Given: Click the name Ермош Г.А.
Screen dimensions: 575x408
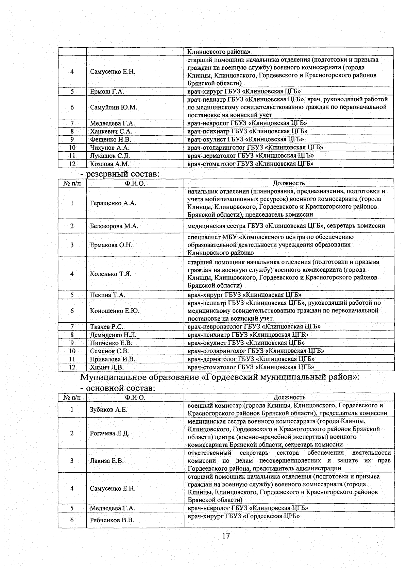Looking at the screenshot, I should [x=107, y=91].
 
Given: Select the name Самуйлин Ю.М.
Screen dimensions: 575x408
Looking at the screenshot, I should [x=114, y=107].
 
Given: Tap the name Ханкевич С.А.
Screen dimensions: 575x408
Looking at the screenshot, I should [x=111, y=131].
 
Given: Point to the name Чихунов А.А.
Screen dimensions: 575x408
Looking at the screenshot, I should [x=110, y=148].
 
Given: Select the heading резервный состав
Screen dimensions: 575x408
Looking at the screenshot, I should [x=122, y=174].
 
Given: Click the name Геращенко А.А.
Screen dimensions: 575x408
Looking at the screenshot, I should [x=113, y=203].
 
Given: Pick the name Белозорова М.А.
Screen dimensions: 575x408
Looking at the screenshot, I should [x=114, y=226].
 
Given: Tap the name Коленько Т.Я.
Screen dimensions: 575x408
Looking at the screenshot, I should [x=111, y=274].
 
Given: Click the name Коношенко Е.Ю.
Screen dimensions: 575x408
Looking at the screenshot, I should [x=115, y=311].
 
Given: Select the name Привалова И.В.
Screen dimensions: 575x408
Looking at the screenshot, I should [x=113, y=359].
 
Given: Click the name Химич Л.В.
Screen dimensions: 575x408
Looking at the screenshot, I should [x=107, y=367].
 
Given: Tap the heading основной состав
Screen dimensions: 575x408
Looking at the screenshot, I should [x=121, y=388].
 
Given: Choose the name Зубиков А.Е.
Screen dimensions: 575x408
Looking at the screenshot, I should [x=109, y=410].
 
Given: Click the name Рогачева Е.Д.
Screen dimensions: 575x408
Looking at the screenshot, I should [x=109, y=434].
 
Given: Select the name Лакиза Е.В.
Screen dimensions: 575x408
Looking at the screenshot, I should [x=107, y=461].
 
